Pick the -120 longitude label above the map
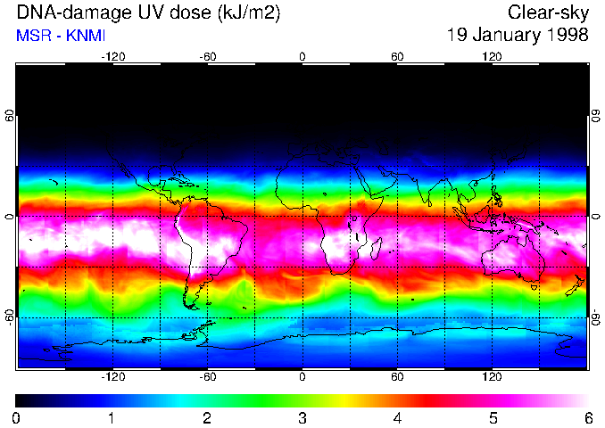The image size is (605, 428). click(x=112, y=56)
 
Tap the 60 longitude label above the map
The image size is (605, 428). click(x=397, y=56)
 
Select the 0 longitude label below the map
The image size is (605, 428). click(x=302, y=377)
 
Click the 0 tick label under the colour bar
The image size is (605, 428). click(x=16, y=417)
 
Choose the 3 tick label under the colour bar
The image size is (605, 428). click(x=302, y=417)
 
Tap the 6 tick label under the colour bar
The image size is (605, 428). click(x=587, y=417)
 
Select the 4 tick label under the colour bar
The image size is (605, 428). click(x=397, y=417)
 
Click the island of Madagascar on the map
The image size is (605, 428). click(x=376, y=248)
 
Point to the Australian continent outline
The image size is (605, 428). click(x=513, y=259)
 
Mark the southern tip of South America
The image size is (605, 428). click(x=192, y=303)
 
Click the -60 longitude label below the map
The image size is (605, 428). click(x=207, y=377)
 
